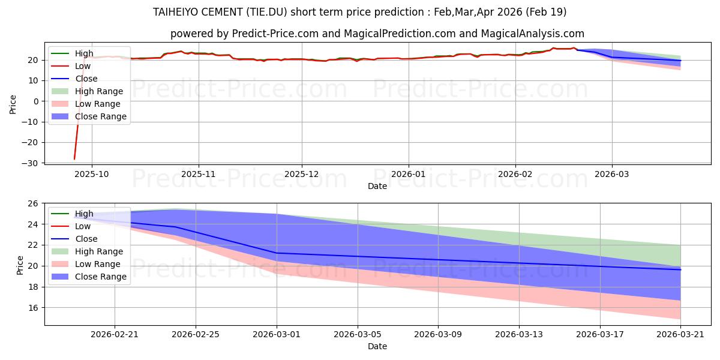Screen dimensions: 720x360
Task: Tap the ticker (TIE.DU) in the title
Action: (x=267, y=12)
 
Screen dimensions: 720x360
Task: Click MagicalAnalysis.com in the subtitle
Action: (x=533, y=34)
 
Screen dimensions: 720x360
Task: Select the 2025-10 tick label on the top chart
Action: (x=92, y=174)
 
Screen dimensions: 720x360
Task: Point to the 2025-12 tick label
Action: (x=301, y=174)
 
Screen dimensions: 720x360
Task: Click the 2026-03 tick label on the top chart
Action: (x=611, y=174)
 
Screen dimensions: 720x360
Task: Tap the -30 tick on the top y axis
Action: (x=29, y=163)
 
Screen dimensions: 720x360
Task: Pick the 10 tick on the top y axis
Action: (x=33, y=80)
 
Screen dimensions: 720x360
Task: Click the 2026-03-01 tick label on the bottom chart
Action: (x=277, y=335)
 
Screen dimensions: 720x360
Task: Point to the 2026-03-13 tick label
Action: (x=519, y=335)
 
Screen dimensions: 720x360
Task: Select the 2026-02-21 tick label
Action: (x=115, y=335)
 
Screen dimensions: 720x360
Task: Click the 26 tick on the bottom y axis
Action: (x=33, y=203)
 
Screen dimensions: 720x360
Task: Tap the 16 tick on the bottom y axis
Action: (x=33, y=308)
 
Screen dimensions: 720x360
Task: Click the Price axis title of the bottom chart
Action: (x=20, y=265)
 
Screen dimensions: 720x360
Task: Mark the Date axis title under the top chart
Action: (x=377, y=186)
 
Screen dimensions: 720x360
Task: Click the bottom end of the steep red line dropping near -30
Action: (x=74, y=159)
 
